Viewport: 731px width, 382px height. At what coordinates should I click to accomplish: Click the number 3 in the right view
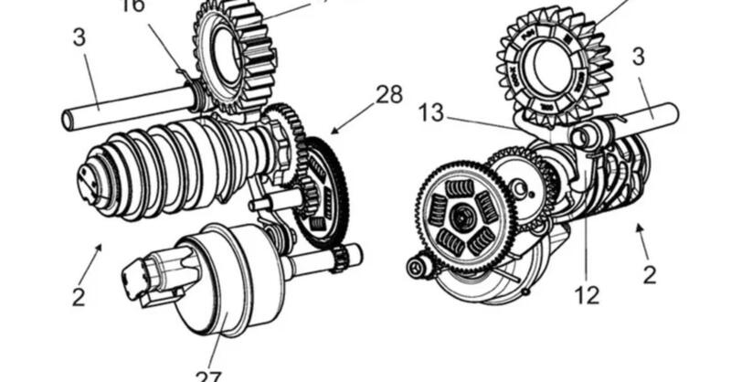638,57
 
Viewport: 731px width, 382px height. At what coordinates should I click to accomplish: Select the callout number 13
432,113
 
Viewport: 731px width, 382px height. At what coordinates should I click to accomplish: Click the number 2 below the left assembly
79,295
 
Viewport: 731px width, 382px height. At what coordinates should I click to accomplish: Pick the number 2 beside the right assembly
649,273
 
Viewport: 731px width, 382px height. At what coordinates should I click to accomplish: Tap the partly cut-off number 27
207,375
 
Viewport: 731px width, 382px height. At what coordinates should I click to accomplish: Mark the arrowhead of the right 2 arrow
637,225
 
